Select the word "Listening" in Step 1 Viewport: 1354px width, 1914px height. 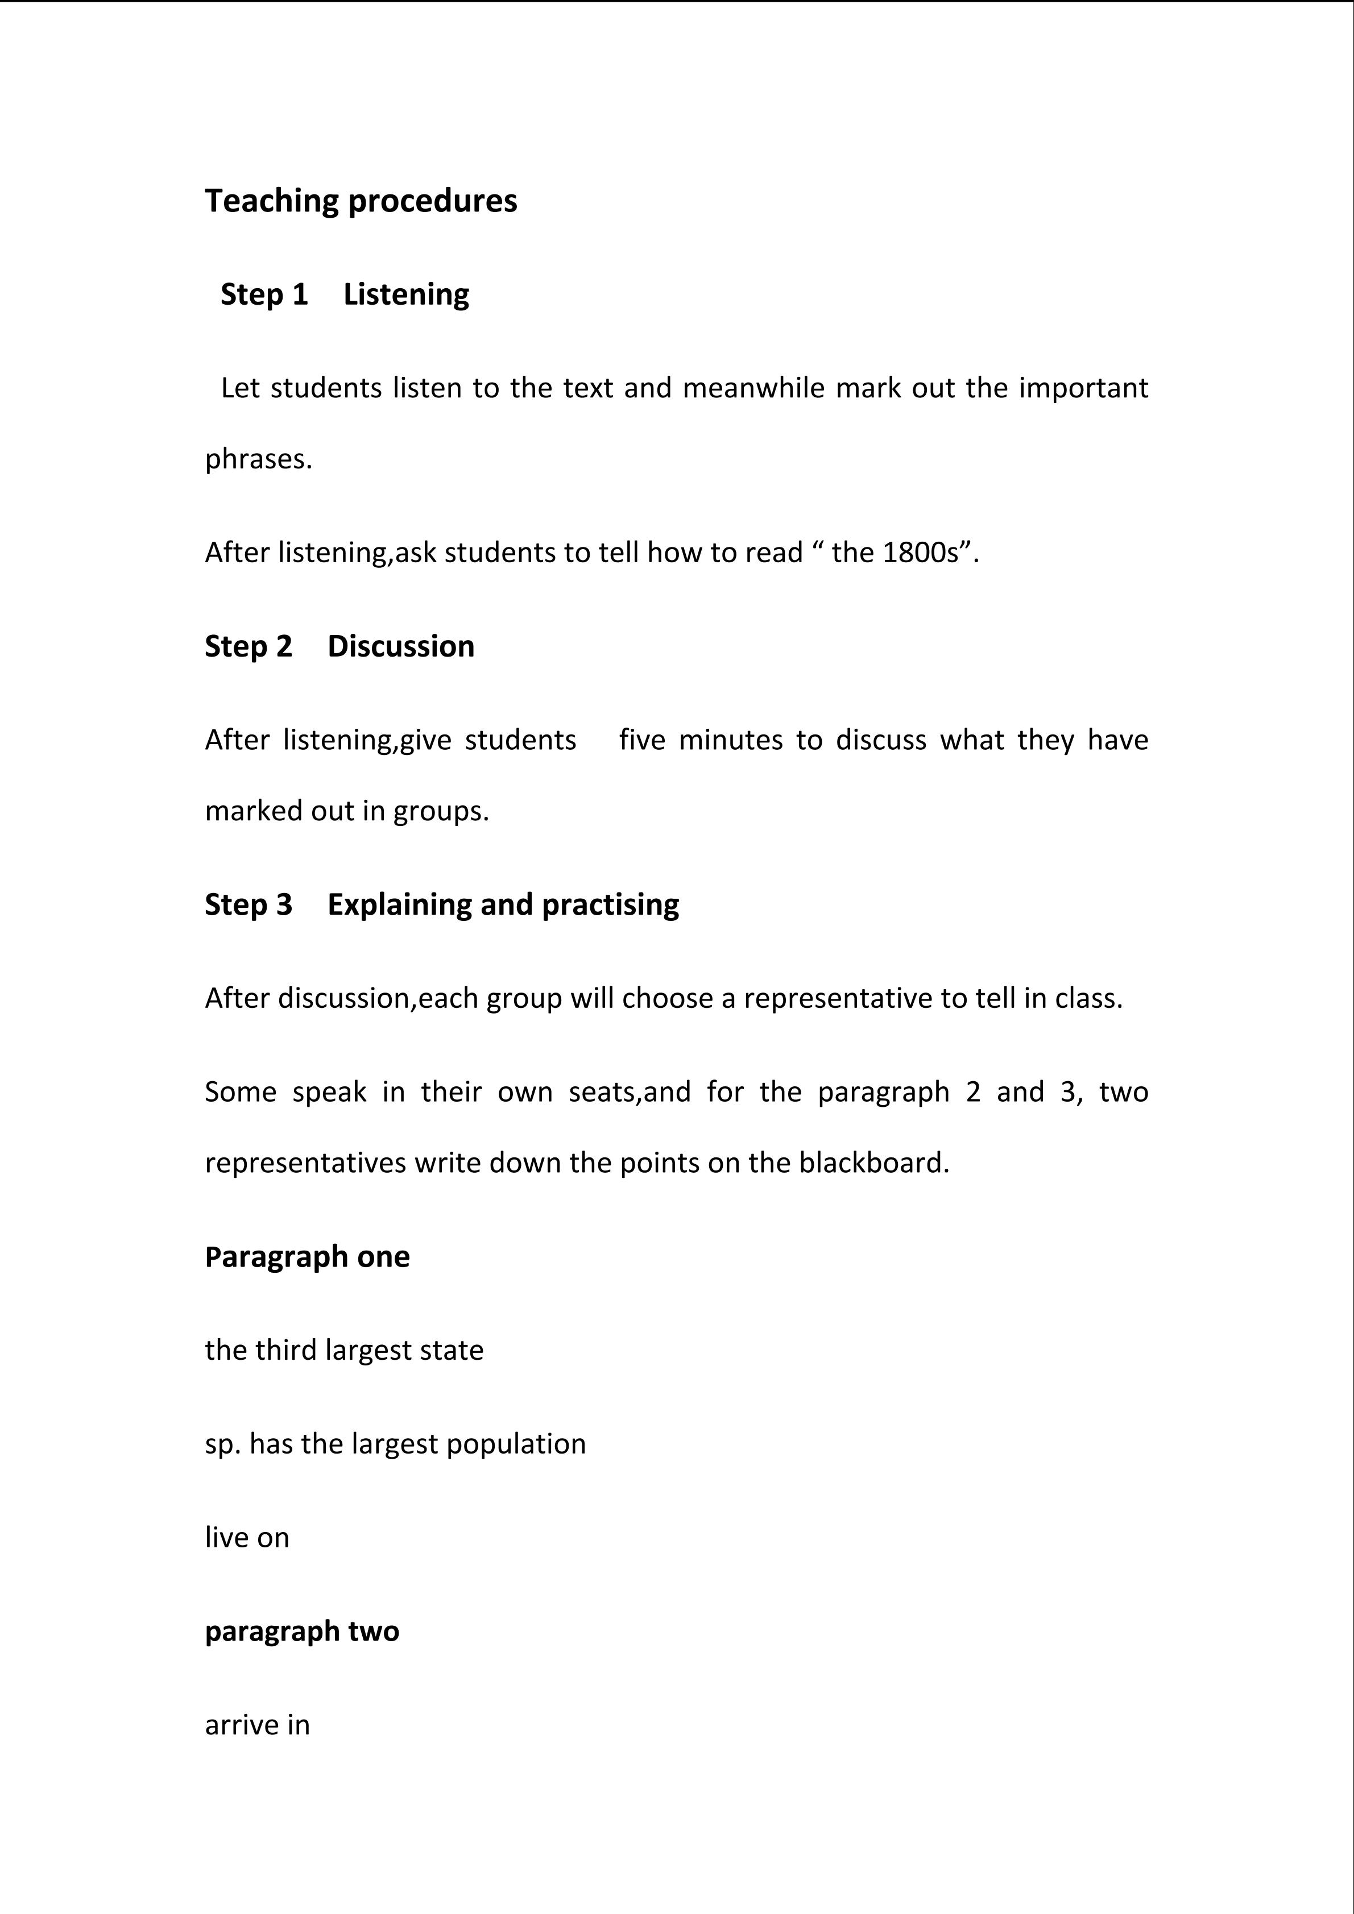[406, 294]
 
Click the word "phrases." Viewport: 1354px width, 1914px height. [259, 459]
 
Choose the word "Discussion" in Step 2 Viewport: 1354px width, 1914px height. [400, 646]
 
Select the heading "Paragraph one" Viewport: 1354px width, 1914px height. [307, 1256]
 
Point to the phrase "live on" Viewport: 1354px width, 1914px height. [247, 1537]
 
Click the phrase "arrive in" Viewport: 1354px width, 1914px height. [257, 1725]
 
